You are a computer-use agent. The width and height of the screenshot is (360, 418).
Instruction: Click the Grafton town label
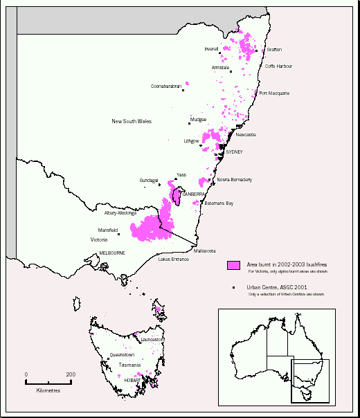(274, 50)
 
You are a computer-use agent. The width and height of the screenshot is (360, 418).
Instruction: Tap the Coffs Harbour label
(278, 66)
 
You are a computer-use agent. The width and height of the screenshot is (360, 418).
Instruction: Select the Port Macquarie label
(274, 93)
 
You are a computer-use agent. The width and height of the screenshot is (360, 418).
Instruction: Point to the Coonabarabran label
(166, 87)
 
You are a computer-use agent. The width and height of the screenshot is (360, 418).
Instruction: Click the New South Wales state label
(132, 122)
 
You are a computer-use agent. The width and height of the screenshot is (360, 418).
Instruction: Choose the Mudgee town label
(198, 120)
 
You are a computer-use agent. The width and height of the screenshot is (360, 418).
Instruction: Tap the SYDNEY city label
(235, 152)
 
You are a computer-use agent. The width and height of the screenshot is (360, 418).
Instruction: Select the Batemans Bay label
(219, 203)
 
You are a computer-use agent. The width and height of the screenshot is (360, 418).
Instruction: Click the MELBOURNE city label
(111, 253)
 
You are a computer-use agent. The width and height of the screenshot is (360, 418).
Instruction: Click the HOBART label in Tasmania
(132, 380)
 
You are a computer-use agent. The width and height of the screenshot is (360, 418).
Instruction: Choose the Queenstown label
(122, 354)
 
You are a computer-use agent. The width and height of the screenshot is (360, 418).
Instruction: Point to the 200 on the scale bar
(71, 374)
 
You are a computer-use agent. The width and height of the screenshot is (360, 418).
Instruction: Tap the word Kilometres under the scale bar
(48, 390)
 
